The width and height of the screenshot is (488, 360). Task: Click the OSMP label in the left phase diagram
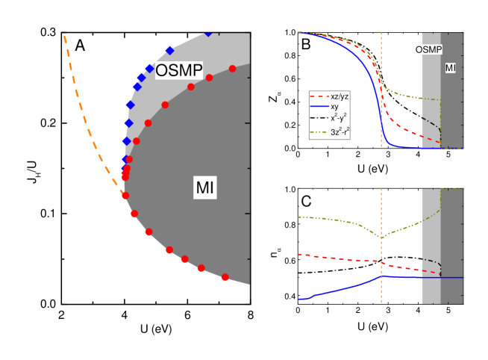coord(179,69)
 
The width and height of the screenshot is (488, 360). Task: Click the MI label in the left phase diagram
coord(204,188)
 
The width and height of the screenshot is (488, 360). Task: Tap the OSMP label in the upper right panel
coord(428,50)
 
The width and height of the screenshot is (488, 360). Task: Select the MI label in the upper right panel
coord(451,68)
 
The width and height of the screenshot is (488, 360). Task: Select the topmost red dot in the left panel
coord(232,69)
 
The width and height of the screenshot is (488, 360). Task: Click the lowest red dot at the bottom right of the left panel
coord(225,277)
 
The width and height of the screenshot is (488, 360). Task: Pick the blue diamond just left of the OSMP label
coord(149,69)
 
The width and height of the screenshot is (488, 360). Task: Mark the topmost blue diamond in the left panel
coord(208,33)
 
